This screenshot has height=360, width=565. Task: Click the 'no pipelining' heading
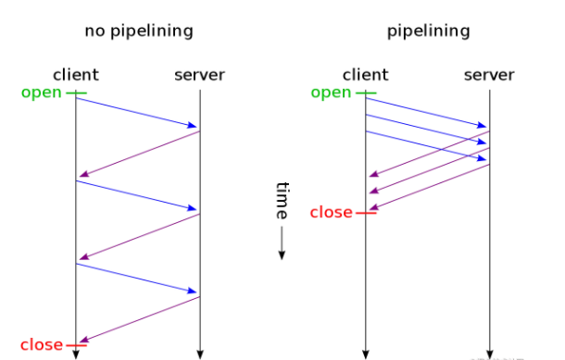139,31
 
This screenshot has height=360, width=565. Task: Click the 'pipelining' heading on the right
428,31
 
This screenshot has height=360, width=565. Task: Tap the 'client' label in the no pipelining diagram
76,75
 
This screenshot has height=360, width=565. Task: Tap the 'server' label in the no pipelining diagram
199,75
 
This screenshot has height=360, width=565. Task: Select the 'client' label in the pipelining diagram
365,75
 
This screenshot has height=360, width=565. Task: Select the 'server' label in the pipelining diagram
489,75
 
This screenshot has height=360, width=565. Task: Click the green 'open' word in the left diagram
43,93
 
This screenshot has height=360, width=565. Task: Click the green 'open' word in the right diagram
332,93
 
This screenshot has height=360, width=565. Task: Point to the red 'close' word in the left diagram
41,345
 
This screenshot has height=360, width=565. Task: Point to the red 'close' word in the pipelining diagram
331,213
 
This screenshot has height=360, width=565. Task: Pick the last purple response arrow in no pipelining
139,319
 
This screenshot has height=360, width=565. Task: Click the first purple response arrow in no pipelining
139,153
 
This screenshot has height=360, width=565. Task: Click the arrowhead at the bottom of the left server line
200,353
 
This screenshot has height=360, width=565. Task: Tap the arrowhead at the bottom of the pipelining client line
366,353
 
